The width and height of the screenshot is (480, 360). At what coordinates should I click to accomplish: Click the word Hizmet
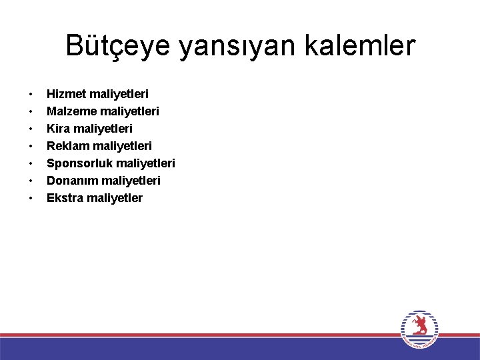pyautogui.click(x=66, y=93)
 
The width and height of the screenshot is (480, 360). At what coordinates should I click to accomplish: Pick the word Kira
pyautogui.click(x=58, y=128)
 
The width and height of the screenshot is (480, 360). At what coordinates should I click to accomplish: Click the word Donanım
pyautogui.click(x=71, y=180)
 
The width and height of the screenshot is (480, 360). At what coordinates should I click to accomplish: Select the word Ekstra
pyautogui.click(x=65, y=197)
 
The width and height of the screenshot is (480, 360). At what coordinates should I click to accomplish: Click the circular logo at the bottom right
pyautogui.click(x=420, y=329)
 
